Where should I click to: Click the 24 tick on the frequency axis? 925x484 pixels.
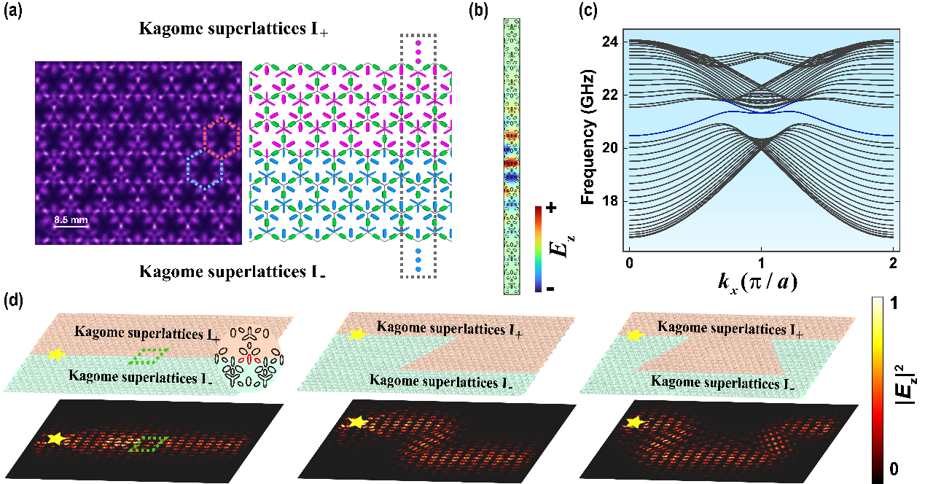[x=609, y=42]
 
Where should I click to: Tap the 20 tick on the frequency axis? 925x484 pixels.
[x=609, y=147]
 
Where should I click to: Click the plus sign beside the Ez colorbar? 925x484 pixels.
[x=551, y=208]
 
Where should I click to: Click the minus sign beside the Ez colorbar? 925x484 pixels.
[x=551, y=289]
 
